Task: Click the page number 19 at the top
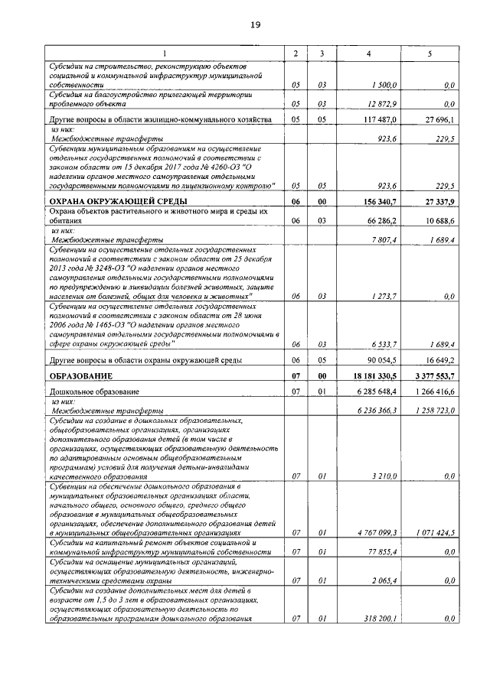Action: [x=255, y=25]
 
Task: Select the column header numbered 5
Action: [x=430, y=53]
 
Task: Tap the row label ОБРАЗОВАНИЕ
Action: [x=81, y=376]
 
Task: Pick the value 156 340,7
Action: [x=378, y=201]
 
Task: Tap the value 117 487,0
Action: [x=380, y=121]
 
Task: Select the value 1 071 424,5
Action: [x=433, y=533]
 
